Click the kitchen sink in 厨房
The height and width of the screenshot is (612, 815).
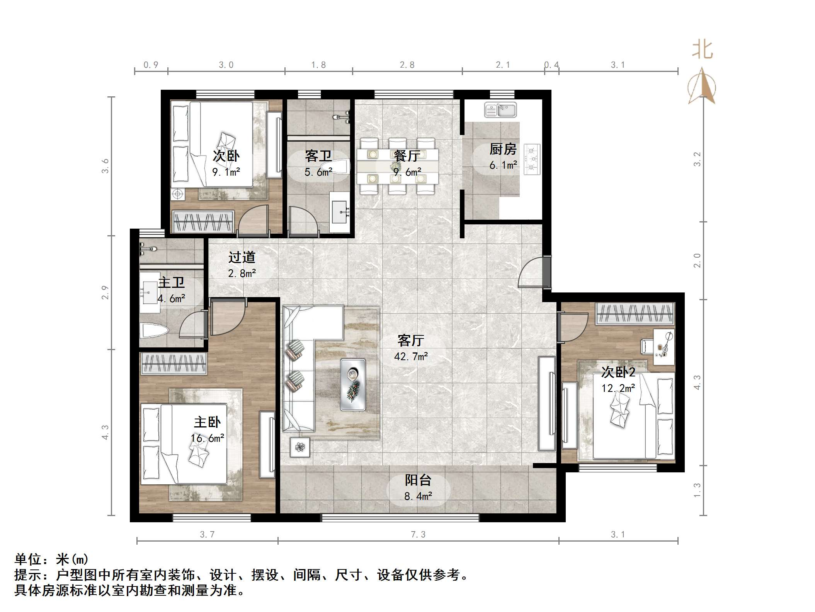pyautogui.click(x=500, y=110)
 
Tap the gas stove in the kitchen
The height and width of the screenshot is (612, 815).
pyautogui.click(x=532, y=159)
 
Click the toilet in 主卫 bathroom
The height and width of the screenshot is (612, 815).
pyautogui.click(x=154, y=331)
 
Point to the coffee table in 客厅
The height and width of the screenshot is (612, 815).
pyautogui.click(x=353, y=384)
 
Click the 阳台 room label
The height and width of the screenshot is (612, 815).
pyautogui.click(x=418, y=480)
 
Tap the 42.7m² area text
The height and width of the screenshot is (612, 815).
pyautogui.click(x=411, y=356)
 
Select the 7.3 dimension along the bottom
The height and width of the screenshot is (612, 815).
pyautogui.click(x=418, y=535)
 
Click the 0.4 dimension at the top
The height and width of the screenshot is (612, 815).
pyautogui.click(x=551, y=65)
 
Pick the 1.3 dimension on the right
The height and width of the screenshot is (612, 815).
pyautogui.click(x=697, y=491)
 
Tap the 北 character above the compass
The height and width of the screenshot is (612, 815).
pyautogui.click(x=703, y=51)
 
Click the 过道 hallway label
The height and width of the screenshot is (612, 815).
pyautogui.click(x=242, y=257)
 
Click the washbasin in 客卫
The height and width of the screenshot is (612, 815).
pyautogui.click(x=340, y=212)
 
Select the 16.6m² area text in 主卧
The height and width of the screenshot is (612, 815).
pyautogui.click(x=208, y=438)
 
